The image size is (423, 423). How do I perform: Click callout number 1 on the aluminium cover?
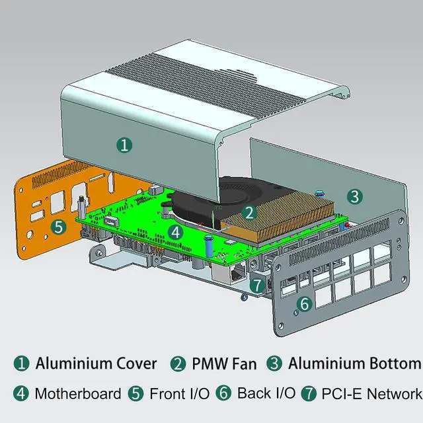[123, 145]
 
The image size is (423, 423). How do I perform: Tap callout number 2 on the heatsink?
[249, 213]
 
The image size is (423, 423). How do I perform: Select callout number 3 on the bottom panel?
[354, 196]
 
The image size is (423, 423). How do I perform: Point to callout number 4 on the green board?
[174, 232]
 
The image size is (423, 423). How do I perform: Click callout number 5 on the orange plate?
[59, 227]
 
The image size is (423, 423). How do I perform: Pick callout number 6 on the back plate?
[304, 304]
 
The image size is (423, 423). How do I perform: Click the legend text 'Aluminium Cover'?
[96, 364]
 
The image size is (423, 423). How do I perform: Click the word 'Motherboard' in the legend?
[78, 394]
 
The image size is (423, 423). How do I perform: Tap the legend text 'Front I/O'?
[179, 394]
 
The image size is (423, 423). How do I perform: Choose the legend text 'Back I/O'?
[266, 394]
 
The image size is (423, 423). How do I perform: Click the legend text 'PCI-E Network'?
[371, 394]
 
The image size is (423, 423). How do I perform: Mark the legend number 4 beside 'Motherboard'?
[22, 394]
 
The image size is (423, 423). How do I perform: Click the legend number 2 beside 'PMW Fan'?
[178, 364]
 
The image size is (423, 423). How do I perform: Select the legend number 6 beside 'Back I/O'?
[225, 394]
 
